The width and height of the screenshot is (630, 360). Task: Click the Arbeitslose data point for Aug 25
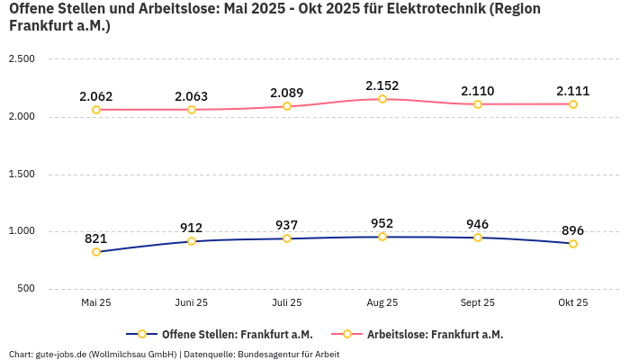(382, 99)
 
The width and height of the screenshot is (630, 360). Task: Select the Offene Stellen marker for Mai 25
(96, 252)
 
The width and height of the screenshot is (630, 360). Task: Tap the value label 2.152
(382, 85)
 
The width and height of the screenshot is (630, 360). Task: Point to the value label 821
(96, 238)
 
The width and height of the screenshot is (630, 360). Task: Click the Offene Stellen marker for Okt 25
(573, 244)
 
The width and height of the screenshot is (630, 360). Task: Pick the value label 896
(573, 230)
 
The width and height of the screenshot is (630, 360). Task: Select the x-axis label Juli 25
(287, 303)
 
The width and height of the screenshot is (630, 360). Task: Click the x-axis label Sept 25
(478, 303)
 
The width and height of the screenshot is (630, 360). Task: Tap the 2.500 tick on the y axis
(21, 59)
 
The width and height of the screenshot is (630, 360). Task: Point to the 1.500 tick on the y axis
(21, 174)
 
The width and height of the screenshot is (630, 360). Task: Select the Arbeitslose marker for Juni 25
(192, 110)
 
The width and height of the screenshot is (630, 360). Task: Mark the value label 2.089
(287, 93)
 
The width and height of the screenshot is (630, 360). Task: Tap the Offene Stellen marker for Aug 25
(382, 237)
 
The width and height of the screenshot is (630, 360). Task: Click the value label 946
(478, 224)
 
